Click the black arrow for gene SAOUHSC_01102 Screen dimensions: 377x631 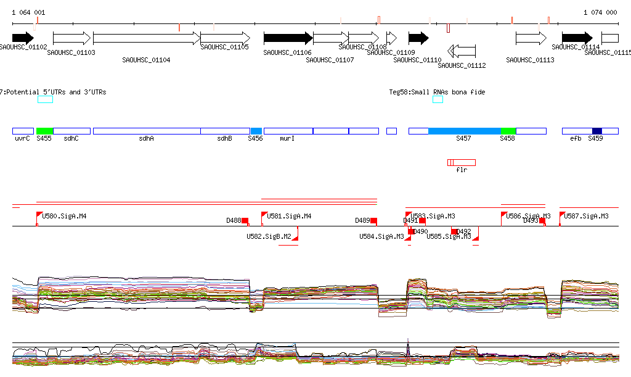click(x=23, y=38)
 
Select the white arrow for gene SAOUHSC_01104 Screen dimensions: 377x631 click(x=147, y=38)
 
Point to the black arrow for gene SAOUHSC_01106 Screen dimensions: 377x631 click(x=288, y=38)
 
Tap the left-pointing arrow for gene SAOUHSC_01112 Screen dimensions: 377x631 click(x=462, y=50)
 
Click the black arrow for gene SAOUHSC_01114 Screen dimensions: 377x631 click(x=577, y=38)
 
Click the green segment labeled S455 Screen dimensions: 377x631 click(x=44, y=131)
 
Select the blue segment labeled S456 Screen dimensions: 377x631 click(x=256, y=131)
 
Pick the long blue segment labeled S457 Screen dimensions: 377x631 click(x=464, y=131)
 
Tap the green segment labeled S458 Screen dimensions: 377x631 click(x=508, y=131)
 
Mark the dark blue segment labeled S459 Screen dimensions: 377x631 click(x=596, y=131)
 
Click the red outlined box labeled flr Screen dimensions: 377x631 click(x=462, y=162)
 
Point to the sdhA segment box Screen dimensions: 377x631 click(x=147, y=131)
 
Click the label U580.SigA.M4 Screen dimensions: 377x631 click(x=64, y=216)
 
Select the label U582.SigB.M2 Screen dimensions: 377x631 click(x=269, y=236)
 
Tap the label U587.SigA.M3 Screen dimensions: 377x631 click(x=586, y=216)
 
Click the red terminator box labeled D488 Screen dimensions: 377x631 click(x=245, y=220)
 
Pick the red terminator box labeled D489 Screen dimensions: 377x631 click(x=373, y=220)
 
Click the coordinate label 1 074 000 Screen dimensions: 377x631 click(x=600, y=12)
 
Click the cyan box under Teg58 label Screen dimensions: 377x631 click(x=438, y=99)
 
